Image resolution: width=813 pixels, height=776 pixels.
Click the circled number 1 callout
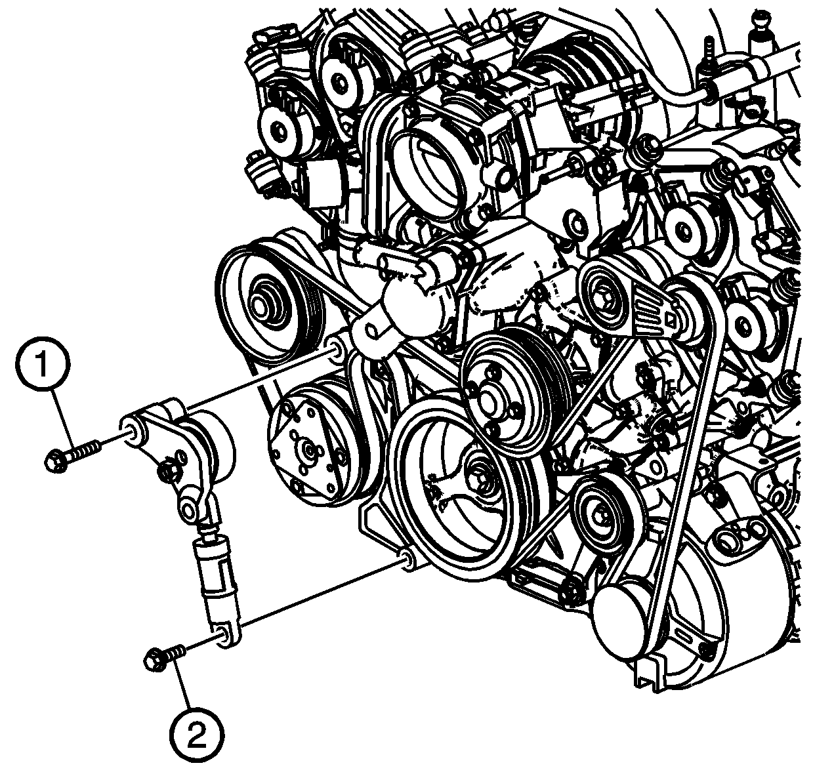[x=43, y=364]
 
